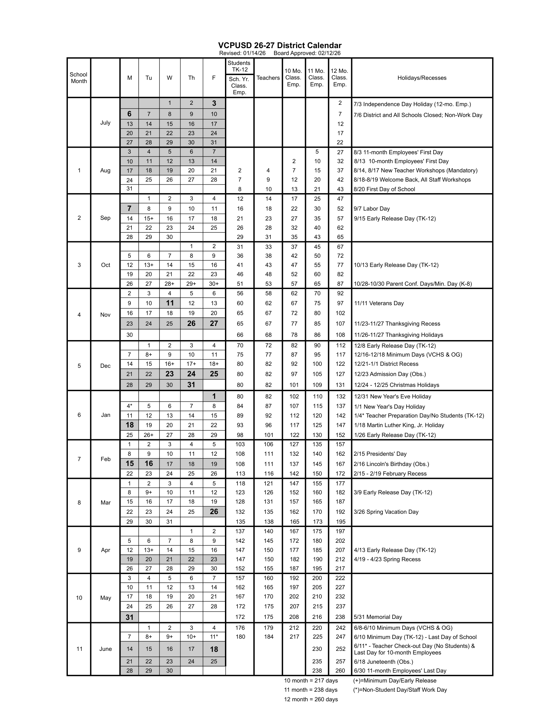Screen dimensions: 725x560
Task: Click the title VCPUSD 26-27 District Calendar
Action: [280, 45]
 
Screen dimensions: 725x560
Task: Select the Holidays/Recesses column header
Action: [422, 78]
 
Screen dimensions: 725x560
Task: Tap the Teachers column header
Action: [268, 78]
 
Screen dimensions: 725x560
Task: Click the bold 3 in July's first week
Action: [214, 103]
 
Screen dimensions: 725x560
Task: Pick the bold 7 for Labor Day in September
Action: [129, 209]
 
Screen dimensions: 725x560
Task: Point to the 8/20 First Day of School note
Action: [384, 189]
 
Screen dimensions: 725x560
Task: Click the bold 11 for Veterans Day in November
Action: [170, 303]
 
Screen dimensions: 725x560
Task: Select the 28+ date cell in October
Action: [170, 284]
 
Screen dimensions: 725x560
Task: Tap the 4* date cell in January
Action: [129, 406]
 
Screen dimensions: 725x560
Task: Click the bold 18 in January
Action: [129, 425]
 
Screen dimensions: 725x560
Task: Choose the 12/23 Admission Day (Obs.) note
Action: [390, 374]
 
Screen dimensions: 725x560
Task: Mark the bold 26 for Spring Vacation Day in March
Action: [214, 511]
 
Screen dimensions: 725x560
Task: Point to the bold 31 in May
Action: [129, 617]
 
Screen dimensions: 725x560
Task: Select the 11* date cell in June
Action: [214, 637]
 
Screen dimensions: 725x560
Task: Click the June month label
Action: [105, 649]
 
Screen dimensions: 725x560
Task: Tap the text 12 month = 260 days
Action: [311, 699]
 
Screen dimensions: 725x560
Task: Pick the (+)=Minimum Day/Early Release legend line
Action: [395, 681]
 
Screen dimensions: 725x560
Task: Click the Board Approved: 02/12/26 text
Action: [307, 53]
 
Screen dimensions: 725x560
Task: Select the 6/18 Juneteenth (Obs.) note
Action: [383, 662]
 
